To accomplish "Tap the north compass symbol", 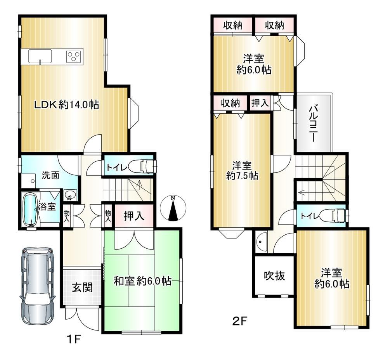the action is coord(173,208).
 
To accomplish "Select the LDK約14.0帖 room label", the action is coord(66,105).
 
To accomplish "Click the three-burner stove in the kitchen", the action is coord(74,56).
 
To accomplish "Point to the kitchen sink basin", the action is coord(40,56).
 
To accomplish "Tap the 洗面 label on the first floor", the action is coord(50,175).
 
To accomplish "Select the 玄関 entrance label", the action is coord(82,287).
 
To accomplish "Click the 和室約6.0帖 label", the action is coord(142,281).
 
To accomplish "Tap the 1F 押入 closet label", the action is coord(134,216).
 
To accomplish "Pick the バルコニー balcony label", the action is coord(314,123).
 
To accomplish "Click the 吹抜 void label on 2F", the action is coord(274,275).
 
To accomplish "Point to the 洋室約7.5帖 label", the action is coord(242,170).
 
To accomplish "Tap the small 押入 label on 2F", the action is coord(260,103).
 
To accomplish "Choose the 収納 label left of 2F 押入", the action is coord(230,103).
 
